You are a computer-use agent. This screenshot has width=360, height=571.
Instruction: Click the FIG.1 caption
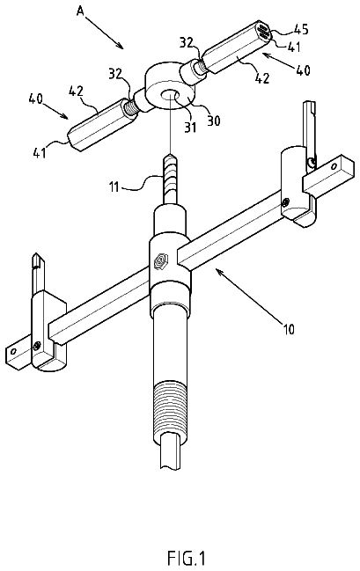tap(187, 558)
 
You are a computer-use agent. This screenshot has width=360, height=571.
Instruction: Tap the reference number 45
tap(301, 29)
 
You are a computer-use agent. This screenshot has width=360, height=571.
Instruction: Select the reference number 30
tap(214, 121)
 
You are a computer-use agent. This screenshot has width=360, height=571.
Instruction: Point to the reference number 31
tap(191, 127)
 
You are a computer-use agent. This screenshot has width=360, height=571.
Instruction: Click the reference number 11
tap(114, 188)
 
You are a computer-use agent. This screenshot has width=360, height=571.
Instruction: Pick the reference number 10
tap(288, 329)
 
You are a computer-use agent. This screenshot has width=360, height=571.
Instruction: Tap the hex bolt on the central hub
tap(161, 260)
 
